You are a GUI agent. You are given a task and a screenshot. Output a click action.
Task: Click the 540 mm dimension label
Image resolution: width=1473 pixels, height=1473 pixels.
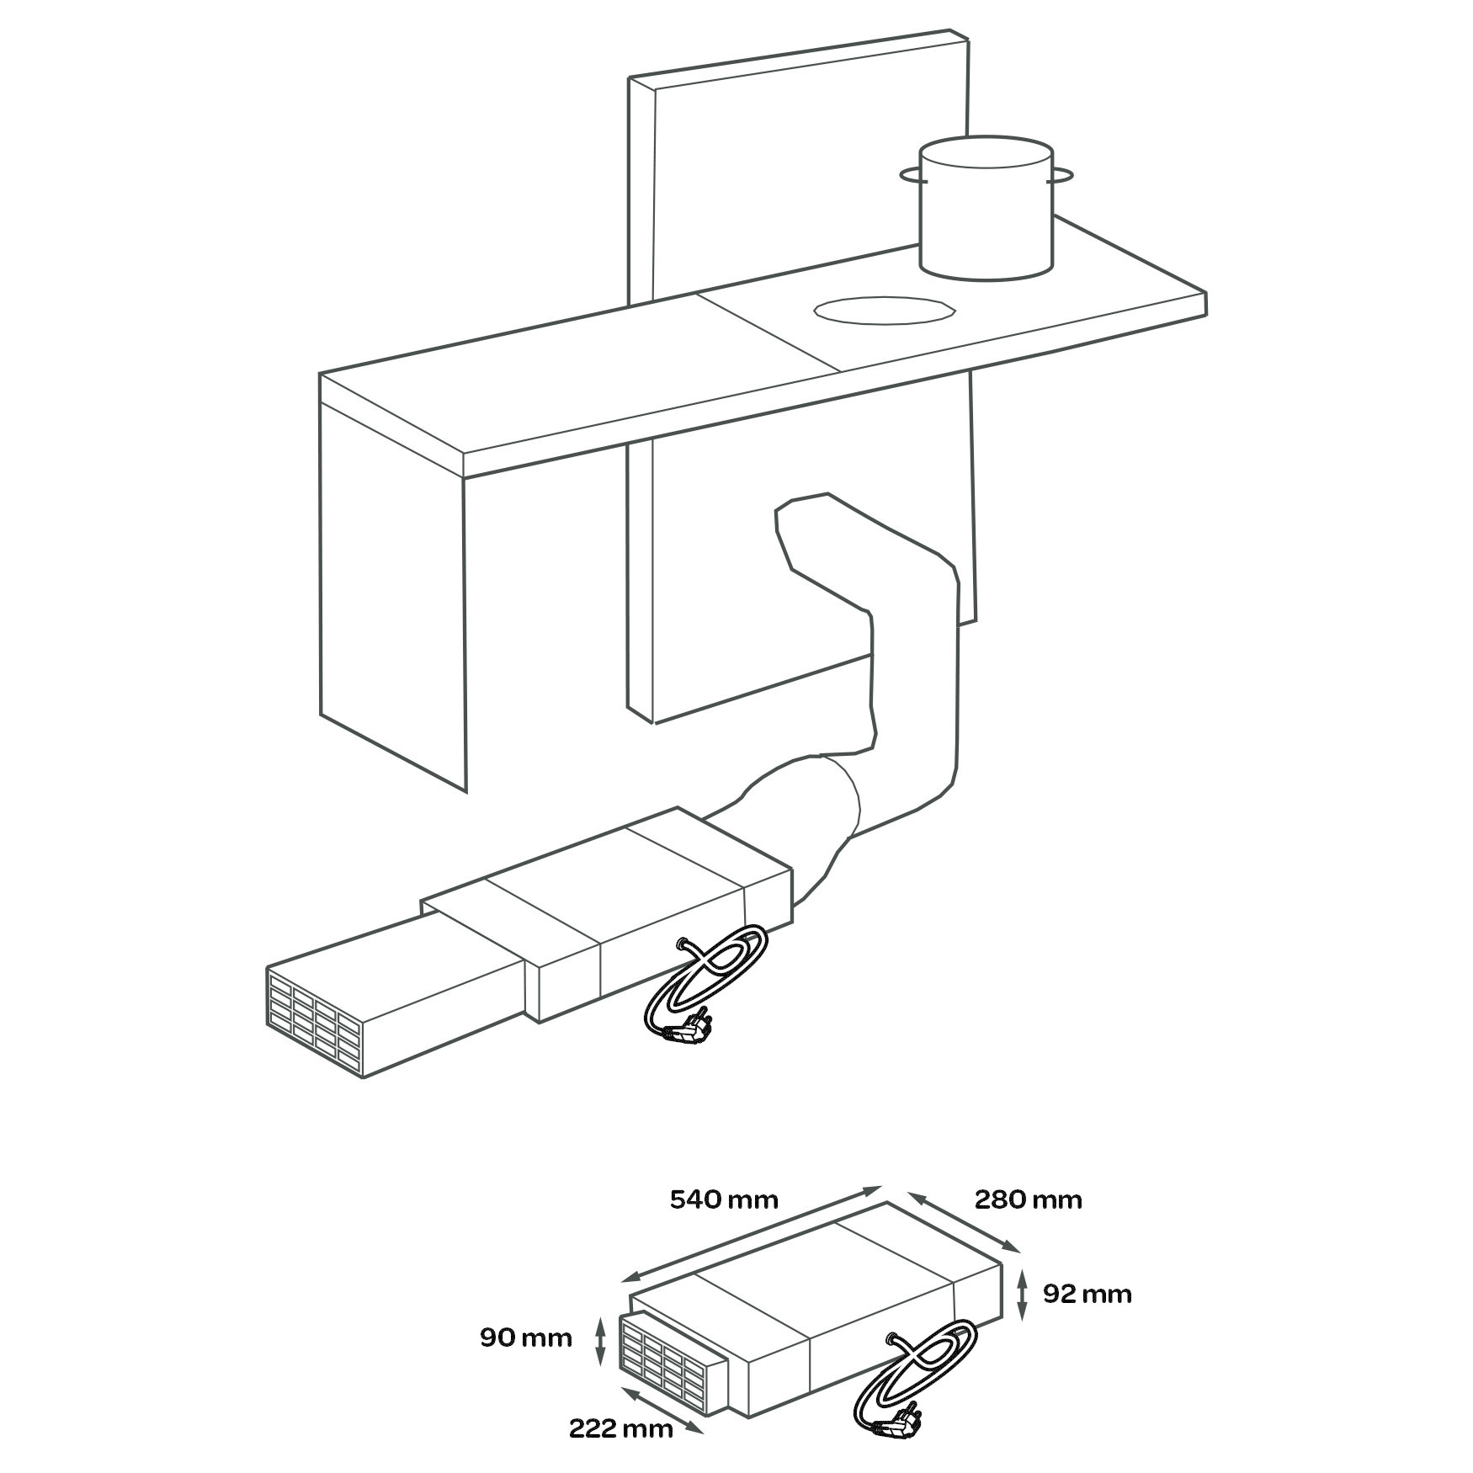(724, 1199)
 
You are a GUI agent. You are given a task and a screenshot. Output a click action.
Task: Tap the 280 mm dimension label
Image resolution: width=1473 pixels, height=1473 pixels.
(1028, 1199)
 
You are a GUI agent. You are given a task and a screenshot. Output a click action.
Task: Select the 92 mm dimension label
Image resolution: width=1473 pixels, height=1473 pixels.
(1087, 1294)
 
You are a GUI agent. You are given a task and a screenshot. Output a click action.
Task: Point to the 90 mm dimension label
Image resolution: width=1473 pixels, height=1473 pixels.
(526, 1337)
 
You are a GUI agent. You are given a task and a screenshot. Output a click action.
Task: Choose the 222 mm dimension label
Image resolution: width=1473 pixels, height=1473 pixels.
(621, 1428)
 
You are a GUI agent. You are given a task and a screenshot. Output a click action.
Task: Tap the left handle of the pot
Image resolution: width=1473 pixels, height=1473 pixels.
(910, 176)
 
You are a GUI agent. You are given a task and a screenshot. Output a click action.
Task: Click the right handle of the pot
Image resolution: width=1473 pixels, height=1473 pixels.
(1063, 176)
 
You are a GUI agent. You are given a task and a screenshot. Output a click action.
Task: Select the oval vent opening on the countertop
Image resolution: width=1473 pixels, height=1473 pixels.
(885, 309)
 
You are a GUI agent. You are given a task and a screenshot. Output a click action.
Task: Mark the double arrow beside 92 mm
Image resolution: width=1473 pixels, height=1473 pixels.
(1023, 1295)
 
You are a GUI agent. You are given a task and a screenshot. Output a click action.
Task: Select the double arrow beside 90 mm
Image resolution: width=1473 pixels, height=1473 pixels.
(599, 1342)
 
